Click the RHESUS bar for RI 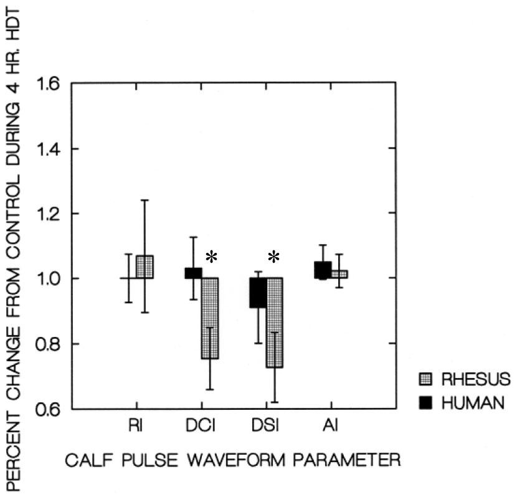coord(145,267)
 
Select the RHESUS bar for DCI coord(209,318)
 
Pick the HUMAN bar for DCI coord(193,273)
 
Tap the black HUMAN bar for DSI coord(258,293)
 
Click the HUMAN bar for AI coord(323,270)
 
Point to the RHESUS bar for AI coord(339,274)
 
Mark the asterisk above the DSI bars coord(275,257)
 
